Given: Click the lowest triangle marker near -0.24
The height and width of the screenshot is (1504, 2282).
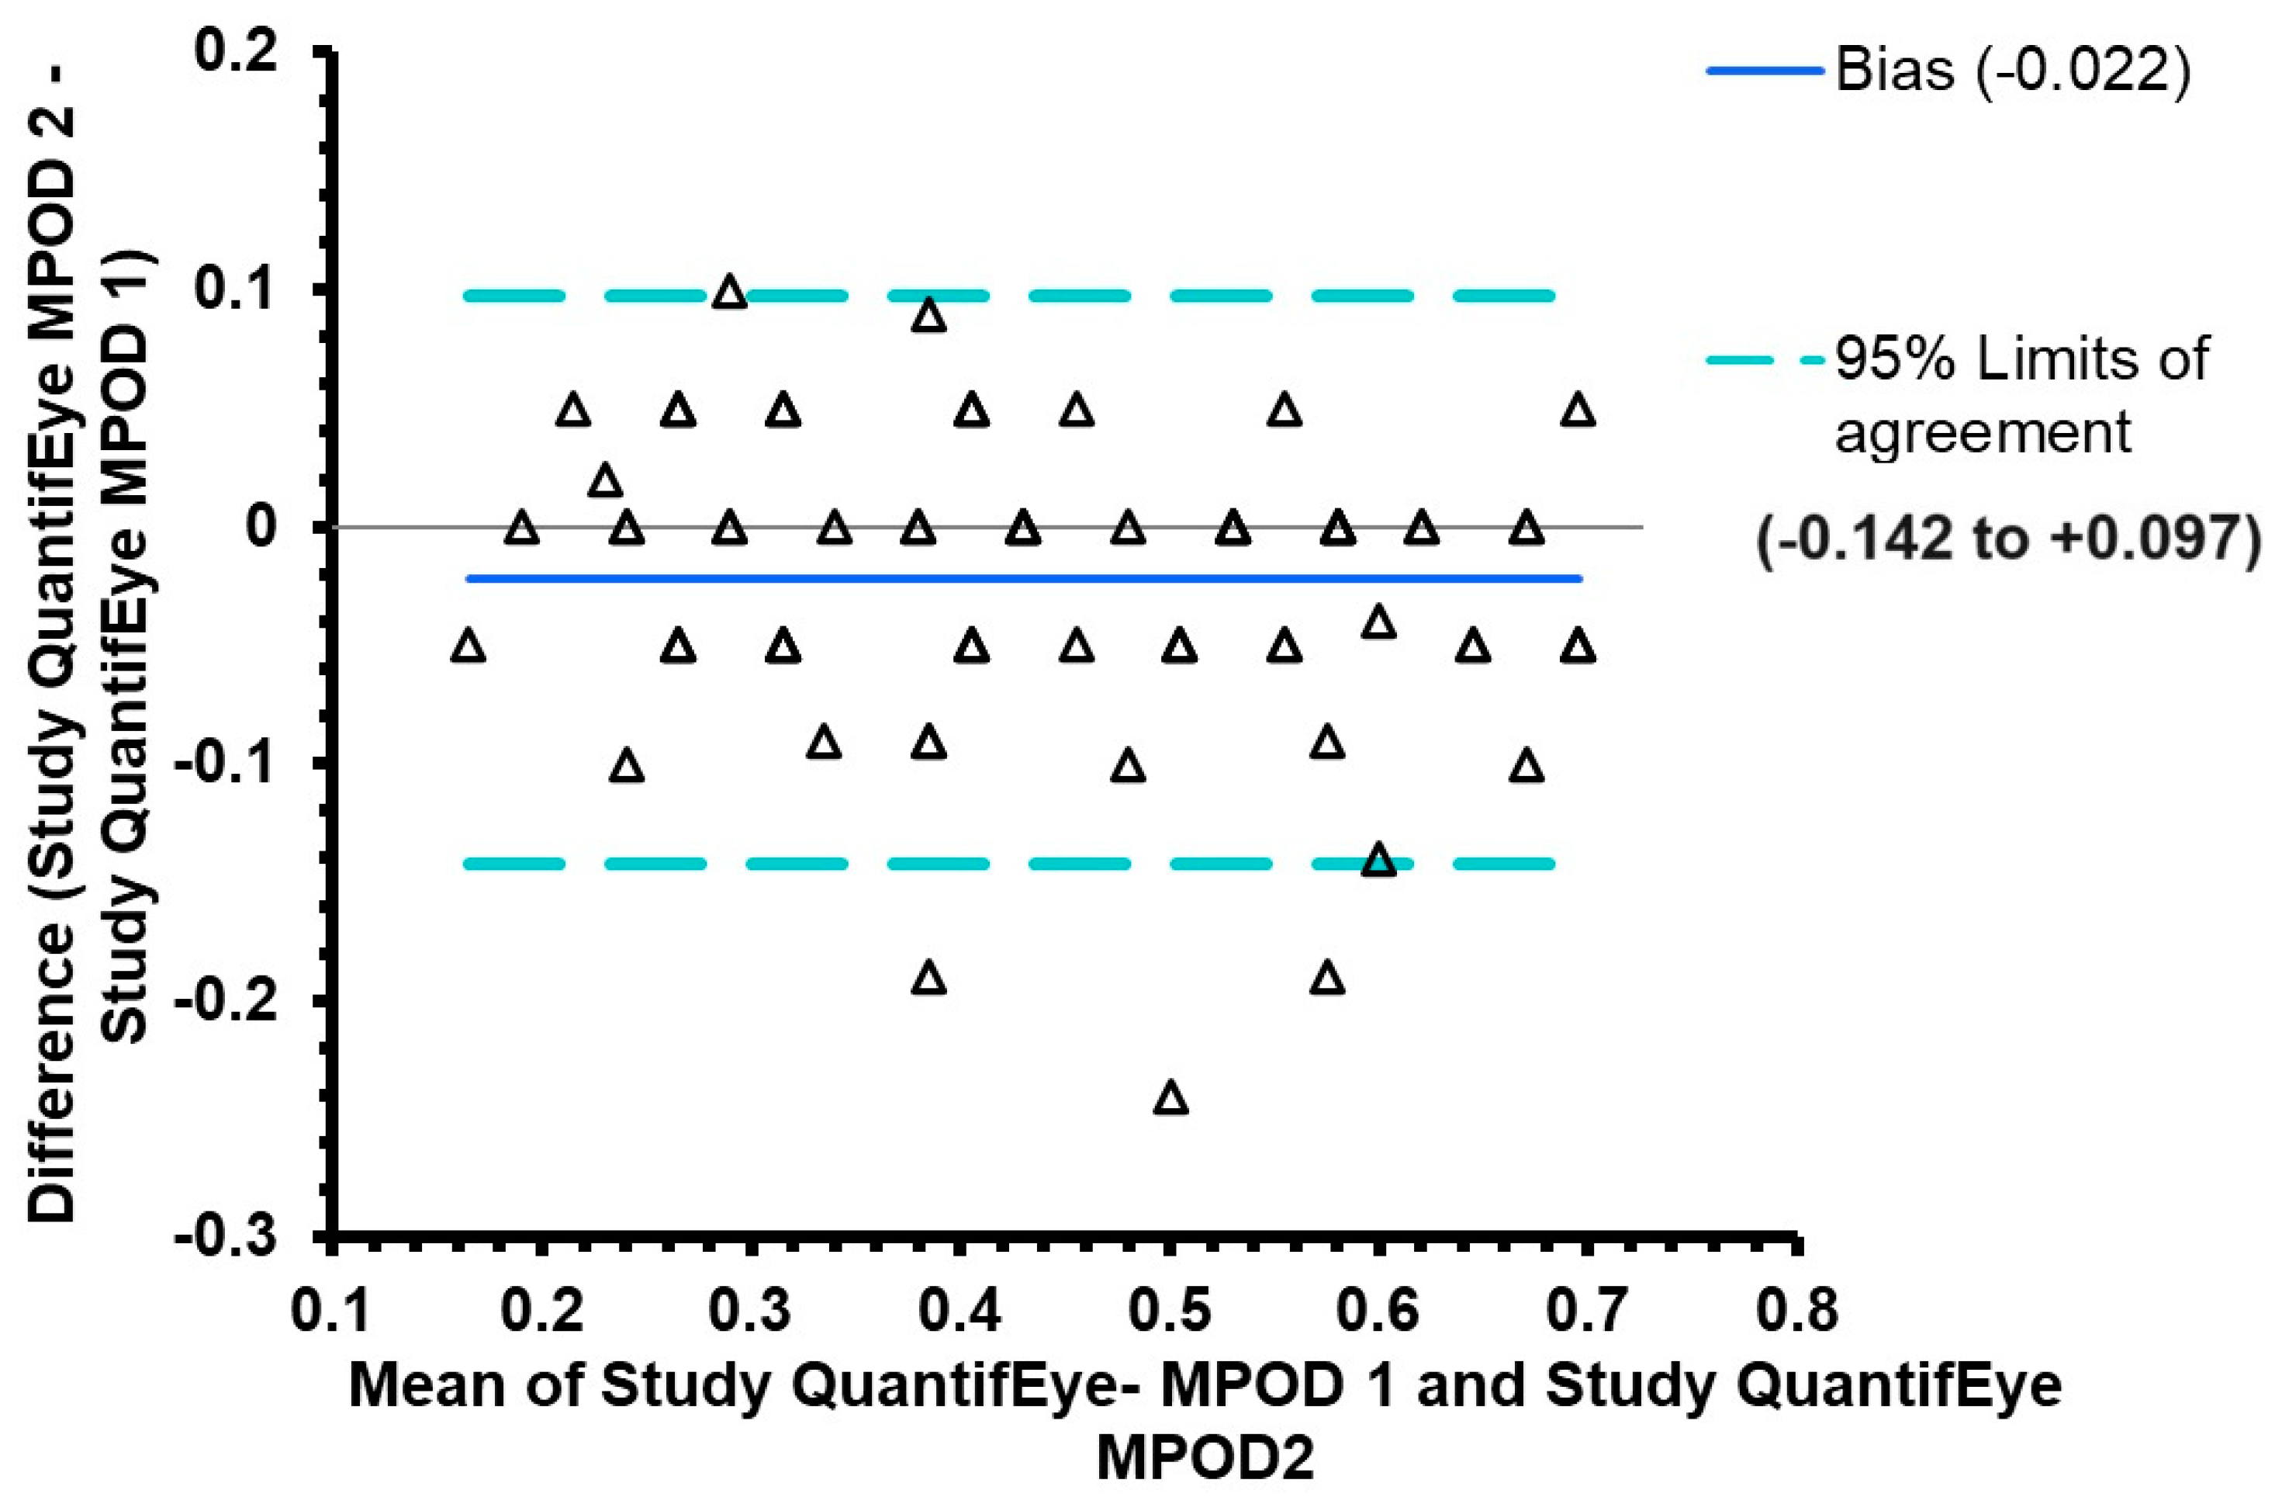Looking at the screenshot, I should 1170,1098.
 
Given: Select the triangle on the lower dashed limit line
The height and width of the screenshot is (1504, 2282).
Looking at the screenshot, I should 1379,861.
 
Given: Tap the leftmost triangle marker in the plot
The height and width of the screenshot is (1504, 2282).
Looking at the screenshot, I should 468,646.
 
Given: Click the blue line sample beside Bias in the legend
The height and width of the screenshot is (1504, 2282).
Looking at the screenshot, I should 1763,70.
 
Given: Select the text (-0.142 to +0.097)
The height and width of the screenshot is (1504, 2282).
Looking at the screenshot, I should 2010,538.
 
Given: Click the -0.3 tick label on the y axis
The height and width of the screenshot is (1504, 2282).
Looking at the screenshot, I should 225,1235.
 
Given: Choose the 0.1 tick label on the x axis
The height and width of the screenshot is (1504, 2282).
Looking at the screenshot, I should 330,1310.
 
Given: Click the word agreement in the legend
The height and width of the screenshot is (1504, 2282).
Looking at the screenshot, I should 1982,432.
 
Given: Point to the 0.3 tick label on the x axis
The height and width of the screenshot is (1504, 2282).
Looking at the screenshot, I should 750,1310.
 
